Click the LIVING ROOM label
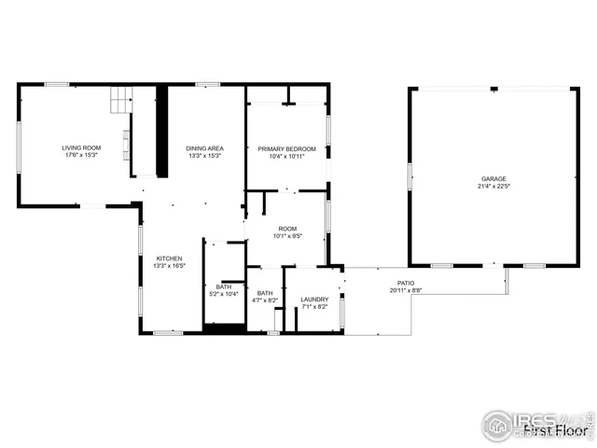tap(81, 148)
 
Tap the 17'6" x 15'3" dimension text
tap(81, 155)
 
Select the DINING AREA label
tap(204, 148)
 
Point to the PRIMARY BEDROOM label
tap(286, 149)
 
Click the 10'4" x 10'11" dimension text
tap(286, 156)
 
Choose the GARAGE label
tap(493, 178)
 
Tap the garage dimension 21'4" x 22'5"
tap(493, 185)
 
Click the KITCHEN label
tap(169, 259)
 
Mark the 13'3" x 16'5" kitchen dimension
tap(169, 265)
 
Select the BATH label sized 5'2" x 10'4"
tap(224, 287)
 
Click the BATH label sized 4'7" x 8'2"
tap(265, 293)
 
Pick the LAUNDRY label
tap(314, 300)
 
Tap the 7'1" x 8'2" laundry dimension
tap(314, 306)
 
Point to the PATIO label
tap(406, 282)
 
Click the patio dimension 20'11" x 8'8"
tap(406, 289)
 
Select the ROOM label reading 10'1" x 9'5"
tap(286, 229)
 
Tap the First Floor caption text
tap(556, 430)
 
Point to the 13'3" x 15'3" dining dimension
tap(204, 155)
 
